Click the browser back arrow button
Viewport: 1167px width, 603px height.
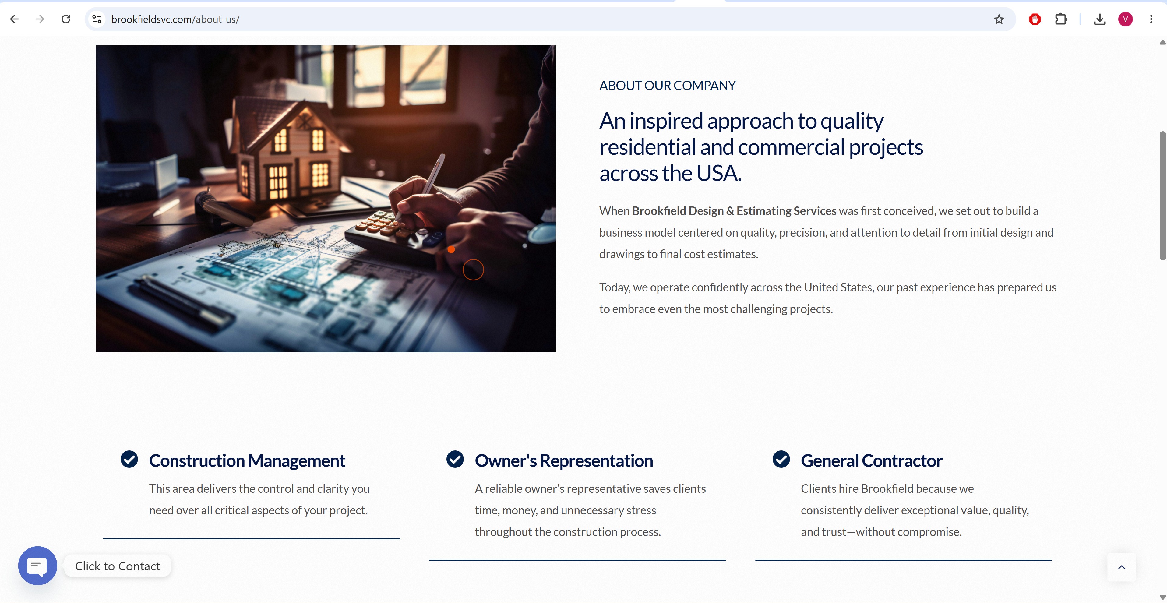pyautogui.click(x=15, y=19)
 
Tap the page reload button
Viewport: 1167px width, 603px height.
pyautogui.click(x=66, y=19)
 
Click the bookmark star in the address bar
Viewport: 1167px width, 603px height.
pyautogui.click(x=999, y=19)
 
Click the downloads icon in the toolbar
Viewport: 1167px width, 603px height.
pyautogui.click(x=1099, y=19)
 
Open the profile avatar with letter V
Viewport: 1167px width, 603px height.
pyautogui.click(x=1125, y=19)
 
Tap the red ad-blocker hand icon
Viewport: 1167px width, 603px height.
pyautogui.click(x=1035, y=19)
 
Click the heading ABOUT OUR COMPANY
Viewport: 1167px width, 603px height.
pyautogui.click(x=667, y=85)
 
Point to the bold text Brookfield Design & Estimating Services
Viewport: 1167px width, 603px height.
pyautogui.click(x=734, y=211)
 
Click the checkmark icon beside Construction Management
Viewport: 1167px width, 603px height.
pyautogui.click(x=129, y=459)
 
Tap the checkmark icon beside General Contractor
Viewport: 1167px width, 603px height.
pyautogui.click(x=781, y=459)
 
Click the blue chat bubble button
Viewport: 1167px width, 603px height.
pyautogui.click(x=37, y=566)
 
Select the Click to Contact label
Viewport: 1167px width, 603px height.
pyautogui.click(x=117, y=566)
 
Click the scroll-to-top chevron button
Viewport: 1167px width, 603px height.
pyautogui.click(x=1122, y=567)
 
